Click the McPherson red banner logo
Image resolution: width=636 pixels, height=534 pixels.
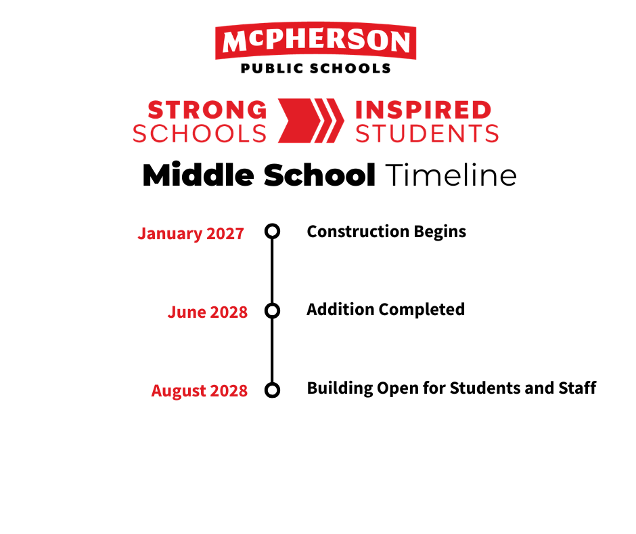tap(315, 41)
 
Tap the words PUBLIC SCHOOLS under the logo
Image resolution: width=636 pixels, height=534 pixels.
tap(315, 68)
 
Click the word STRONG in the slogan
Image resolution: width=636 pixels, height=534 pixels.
tap(207, 110)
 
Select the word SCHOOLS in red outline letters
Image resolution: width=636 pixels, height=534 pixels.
tap(200, 133)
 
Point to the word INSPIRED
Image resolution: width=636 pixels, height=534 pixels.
tap(424, 110)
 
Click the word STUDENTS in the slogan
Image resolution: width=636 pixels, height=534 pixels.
tap(427, 133)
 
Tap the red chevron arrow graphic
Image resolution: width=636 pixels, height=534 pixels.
tap(311, 121)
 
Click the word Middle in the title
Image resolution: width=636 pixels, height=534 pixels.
tap(198, 175)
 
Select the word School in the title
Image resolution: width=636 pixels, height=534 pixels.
tap(319, 175)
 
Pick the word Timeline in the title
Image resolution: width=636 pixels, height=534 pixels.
tap(451, 175)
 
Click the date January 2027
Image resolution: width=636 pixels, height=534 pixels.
tap(191, 234)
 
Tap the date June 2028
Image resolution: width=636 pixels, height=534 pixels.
tap(207, 312)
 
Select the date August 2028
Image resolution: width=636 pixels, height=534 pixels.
tap(199, 391)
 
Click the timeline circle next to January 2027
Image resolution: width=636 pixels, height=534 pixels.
tap(272, 224)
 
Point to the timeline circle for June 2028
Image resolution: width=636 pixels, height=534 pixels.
tap(272, 303)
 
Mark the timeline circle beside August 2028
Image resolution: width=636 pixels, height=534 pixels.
tap(272, 383)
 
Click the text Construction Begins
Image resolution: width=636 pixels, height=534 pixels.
tap(386, 232)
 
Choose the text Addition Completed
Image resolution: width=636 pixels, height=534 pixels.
tap(386, 310)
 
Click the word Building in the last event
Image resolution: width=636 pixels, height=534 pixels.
tap(340, 388)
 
